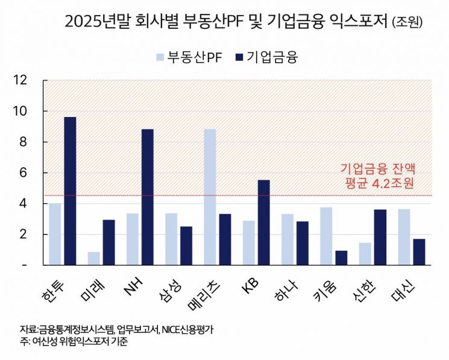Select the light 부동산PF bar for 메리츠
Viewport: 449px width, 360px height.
tap(210, 197)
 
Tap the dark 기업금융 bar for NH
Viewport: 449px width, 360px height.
tap(148, 197)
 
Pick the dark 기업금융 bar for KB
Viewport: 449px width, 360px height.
tap(263, 222)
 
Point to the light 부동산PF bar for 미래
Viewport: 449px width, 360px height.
tap(94, 258)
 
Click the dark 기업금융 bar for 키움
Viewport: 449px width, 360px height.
tap(341, 257)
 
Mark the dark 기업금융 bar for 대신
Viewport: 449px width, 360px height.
tap(419, 251)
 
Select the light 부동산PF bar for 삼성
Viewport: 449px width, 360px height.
tap(171, 239)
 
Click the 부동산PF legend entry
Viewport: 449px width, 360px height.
tap(186, 57)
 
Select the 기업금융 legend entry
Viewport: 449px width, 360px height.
tap(265, 57)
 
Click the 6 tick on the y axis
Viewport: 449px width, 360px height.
tap(23, 172)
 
